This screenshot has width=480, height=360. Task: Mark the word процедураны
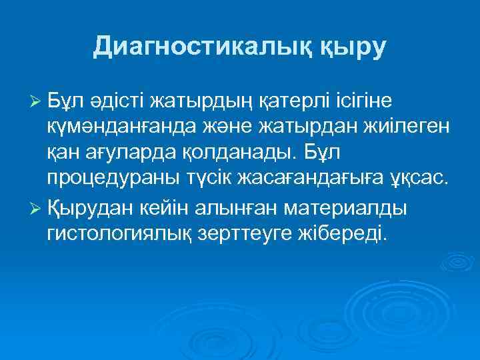tap(109, 181)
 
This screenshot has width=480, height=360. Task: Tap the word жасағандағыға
tap(305, 181)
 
